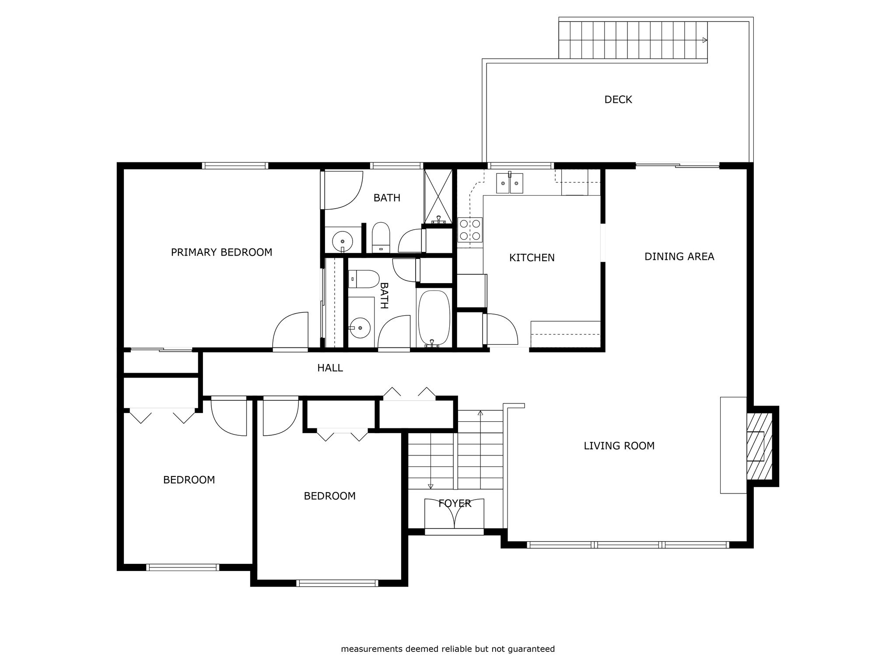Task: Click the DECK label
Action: [x=618, y=100]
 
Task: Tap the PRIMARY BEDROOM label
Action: [x=221, y=252]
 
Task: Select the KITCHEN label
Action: [x=532, y=258]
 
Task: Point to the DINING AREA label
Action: [x=679, y=256]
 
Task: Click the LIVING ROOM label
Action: [x=619, y=446]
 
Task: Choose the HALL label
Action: [x=330, y=368]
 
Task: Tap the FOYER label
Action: [x=455, y=504]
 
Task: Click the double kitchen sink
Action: [x=510, y=183]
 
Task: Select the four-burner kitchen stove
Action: [x=470, y=230]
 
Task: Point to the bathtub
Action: [x=434, y=318]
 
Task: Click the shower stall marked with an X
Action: [x=438, y=197]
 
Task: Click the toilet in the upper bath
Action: [x=381, y=238]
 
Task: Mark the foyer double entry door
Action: [x=455, y=516]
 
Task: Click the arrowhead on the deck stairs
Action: [x=704, y=40]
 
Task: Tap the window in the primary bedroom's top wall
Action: [x=235, y=166]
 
